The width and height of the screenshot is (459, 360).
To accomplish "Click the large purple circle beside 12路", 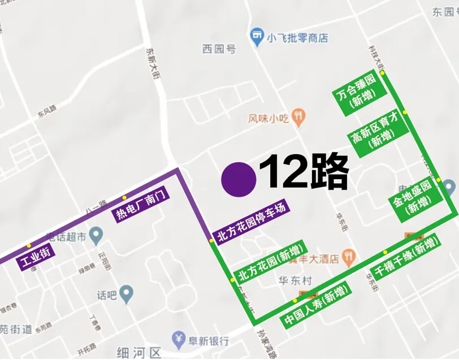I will [x=239, y=179].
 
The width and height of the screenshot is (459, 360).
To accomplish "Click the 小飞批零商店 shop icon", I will [x=258, y=38].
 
